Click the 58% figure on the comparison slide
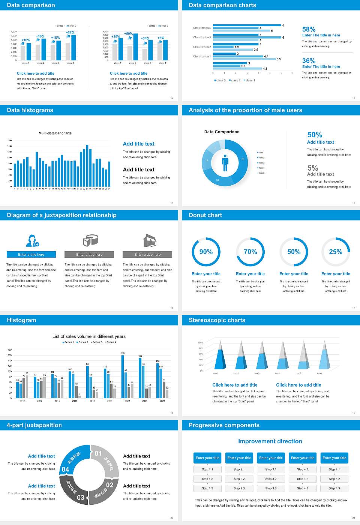pyautogui.click(x=309, y=29)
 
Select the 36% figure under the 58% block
pyautogui.click(x=309, y=61)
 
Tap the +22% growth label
pyautogui.click(x=70, y=33)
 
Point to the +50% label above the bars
pyautogui.click(x=128, y=34)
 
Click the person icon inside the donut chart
pyautogui.click(x=225, y=163)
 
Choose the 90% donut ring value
pyautogui.click(x=206, y=252)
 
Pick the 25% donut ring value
pyautogui.click(x=336, y=252)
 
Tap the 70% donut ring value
pyautogui.click(x=250, y=252)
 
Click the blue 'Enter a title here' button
pyautogui.click(x=31, y=254)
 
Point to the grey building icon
pyautogui.click(x=150, y=240)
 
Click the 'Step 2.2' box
pyautogui.click(x=239, y=478)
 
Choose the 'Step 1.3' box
pyautogui.click(x=207, y=488)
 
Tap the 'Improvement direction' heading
pyautogui.click(x=270, y=441)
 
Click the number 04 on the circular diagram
pyautogui.click(x=65, y=469)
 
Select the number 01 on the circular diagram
pyautogui.click(x=98, y=453)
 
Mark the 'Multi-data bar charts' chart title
pyautogui.click(x=55, y=133)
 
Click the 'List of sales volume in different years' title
pyautogui.click(x=89, y=336)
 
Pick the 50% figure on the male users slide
pyautogui.click(x=315, y=135)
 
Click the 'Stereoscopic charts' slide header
pyautogui.click(x=217, y=320)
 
